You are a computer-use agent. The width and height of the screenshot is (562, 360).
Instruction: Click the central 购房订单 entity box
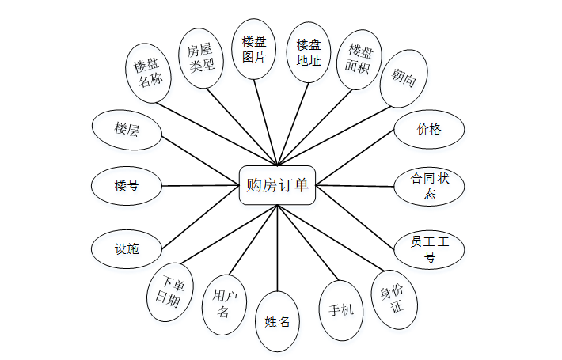pos(277,185)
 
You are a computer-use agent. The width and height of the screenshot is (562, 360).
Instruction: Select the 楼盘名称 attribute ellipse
pos(152,74)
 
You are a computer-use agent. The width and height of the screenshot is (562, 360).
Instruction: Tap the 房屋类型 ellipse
pos(201,58)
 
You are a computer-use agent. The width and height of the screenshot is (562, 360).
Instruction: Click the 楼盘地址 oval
pos(308,51)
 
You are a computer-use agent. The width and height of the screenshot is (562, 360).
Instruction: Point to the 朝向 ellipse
pos(404,78)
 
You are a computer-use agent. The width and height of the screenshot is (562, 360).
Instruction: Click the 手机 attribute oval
pos(341,309)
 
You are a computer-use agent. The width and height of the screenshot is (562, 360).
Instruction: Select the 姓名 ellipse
pos(278,321)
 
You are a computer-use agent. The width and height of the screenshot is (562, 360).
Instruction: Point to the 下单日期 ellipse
pos(173,291)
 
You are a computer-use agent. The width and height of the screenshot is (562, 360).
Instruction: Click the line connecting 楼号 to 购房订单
pos(200,186)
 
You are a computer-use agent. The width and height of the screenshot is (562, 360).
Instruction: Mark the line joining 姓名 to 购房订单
pos(278,249)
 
